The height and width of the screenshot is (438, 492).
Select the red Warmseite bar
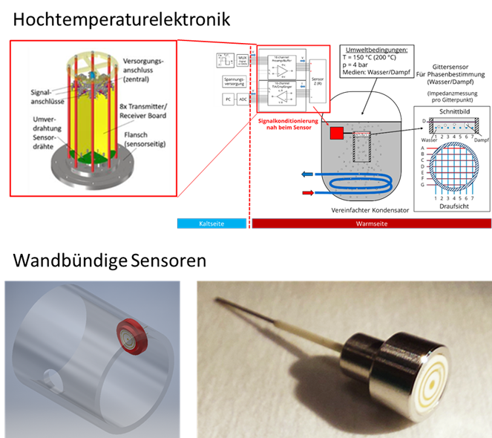click(x=371, y=223)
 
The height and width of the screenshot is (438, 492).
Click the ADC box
click(x=243, y=99)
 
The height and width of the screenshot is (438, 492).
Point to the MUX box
click(x=243, y=59)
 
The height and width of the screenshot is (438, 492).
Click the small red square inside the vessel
click(x=337, y=133)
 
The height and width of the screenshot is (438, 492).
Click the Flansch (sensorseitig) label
click(x=143, y=140)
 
